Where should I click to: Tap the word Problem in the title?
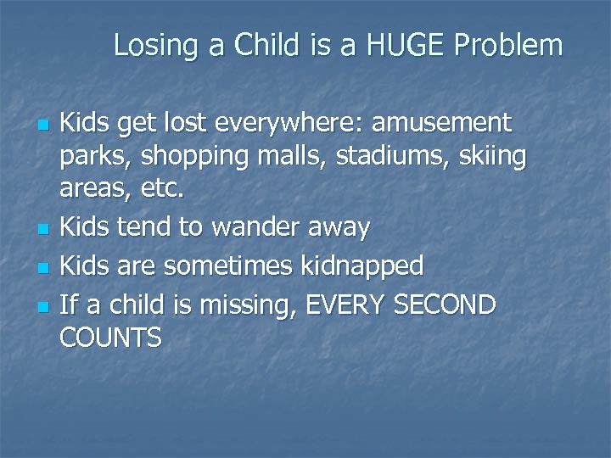pyautogui.click(x=509, y=45)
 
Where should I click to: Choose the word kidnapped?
pyautogui.click(x=362, y=266)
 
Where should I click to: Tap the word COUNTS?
pyautogui.click(x=110, y=338)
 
